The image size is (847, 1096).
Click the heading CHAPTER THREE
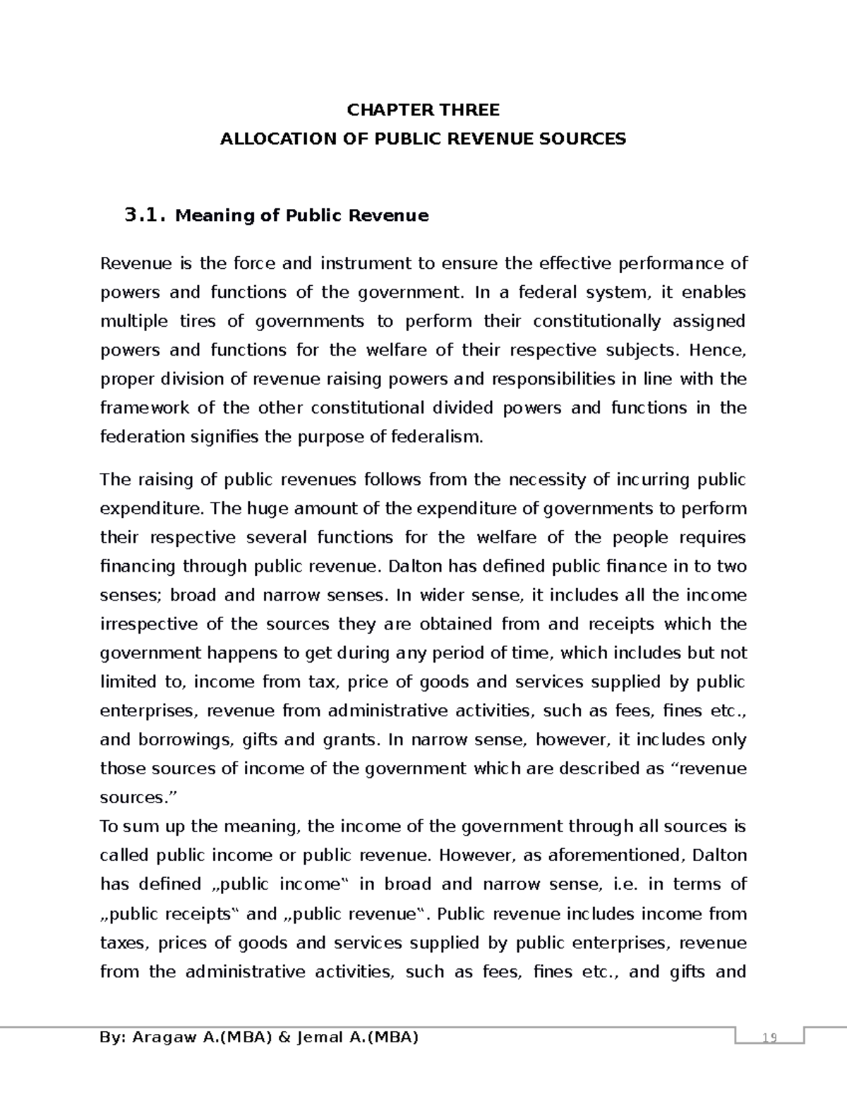pyautogui.click(x=423, y=110)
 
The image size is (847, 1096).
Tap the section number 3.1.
pyautogui.click(x=145, y=215)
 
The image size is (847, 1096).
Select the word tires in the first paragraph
pyautogui.click(x=198, y=322)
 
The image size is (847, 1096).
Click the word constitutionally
pyautogui.click(x=596, y=322)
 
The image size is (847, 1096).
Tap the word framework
pyautogui.click(x=145, y=409)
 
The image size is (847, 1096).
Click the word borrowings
pyautogui.click(x=179, y=740)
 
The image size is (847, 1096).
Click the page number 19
pyautogui.click(x=769, y=1037)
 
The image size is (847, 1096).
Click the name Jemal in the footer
pyautogui.click(x=322, y=1037)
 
